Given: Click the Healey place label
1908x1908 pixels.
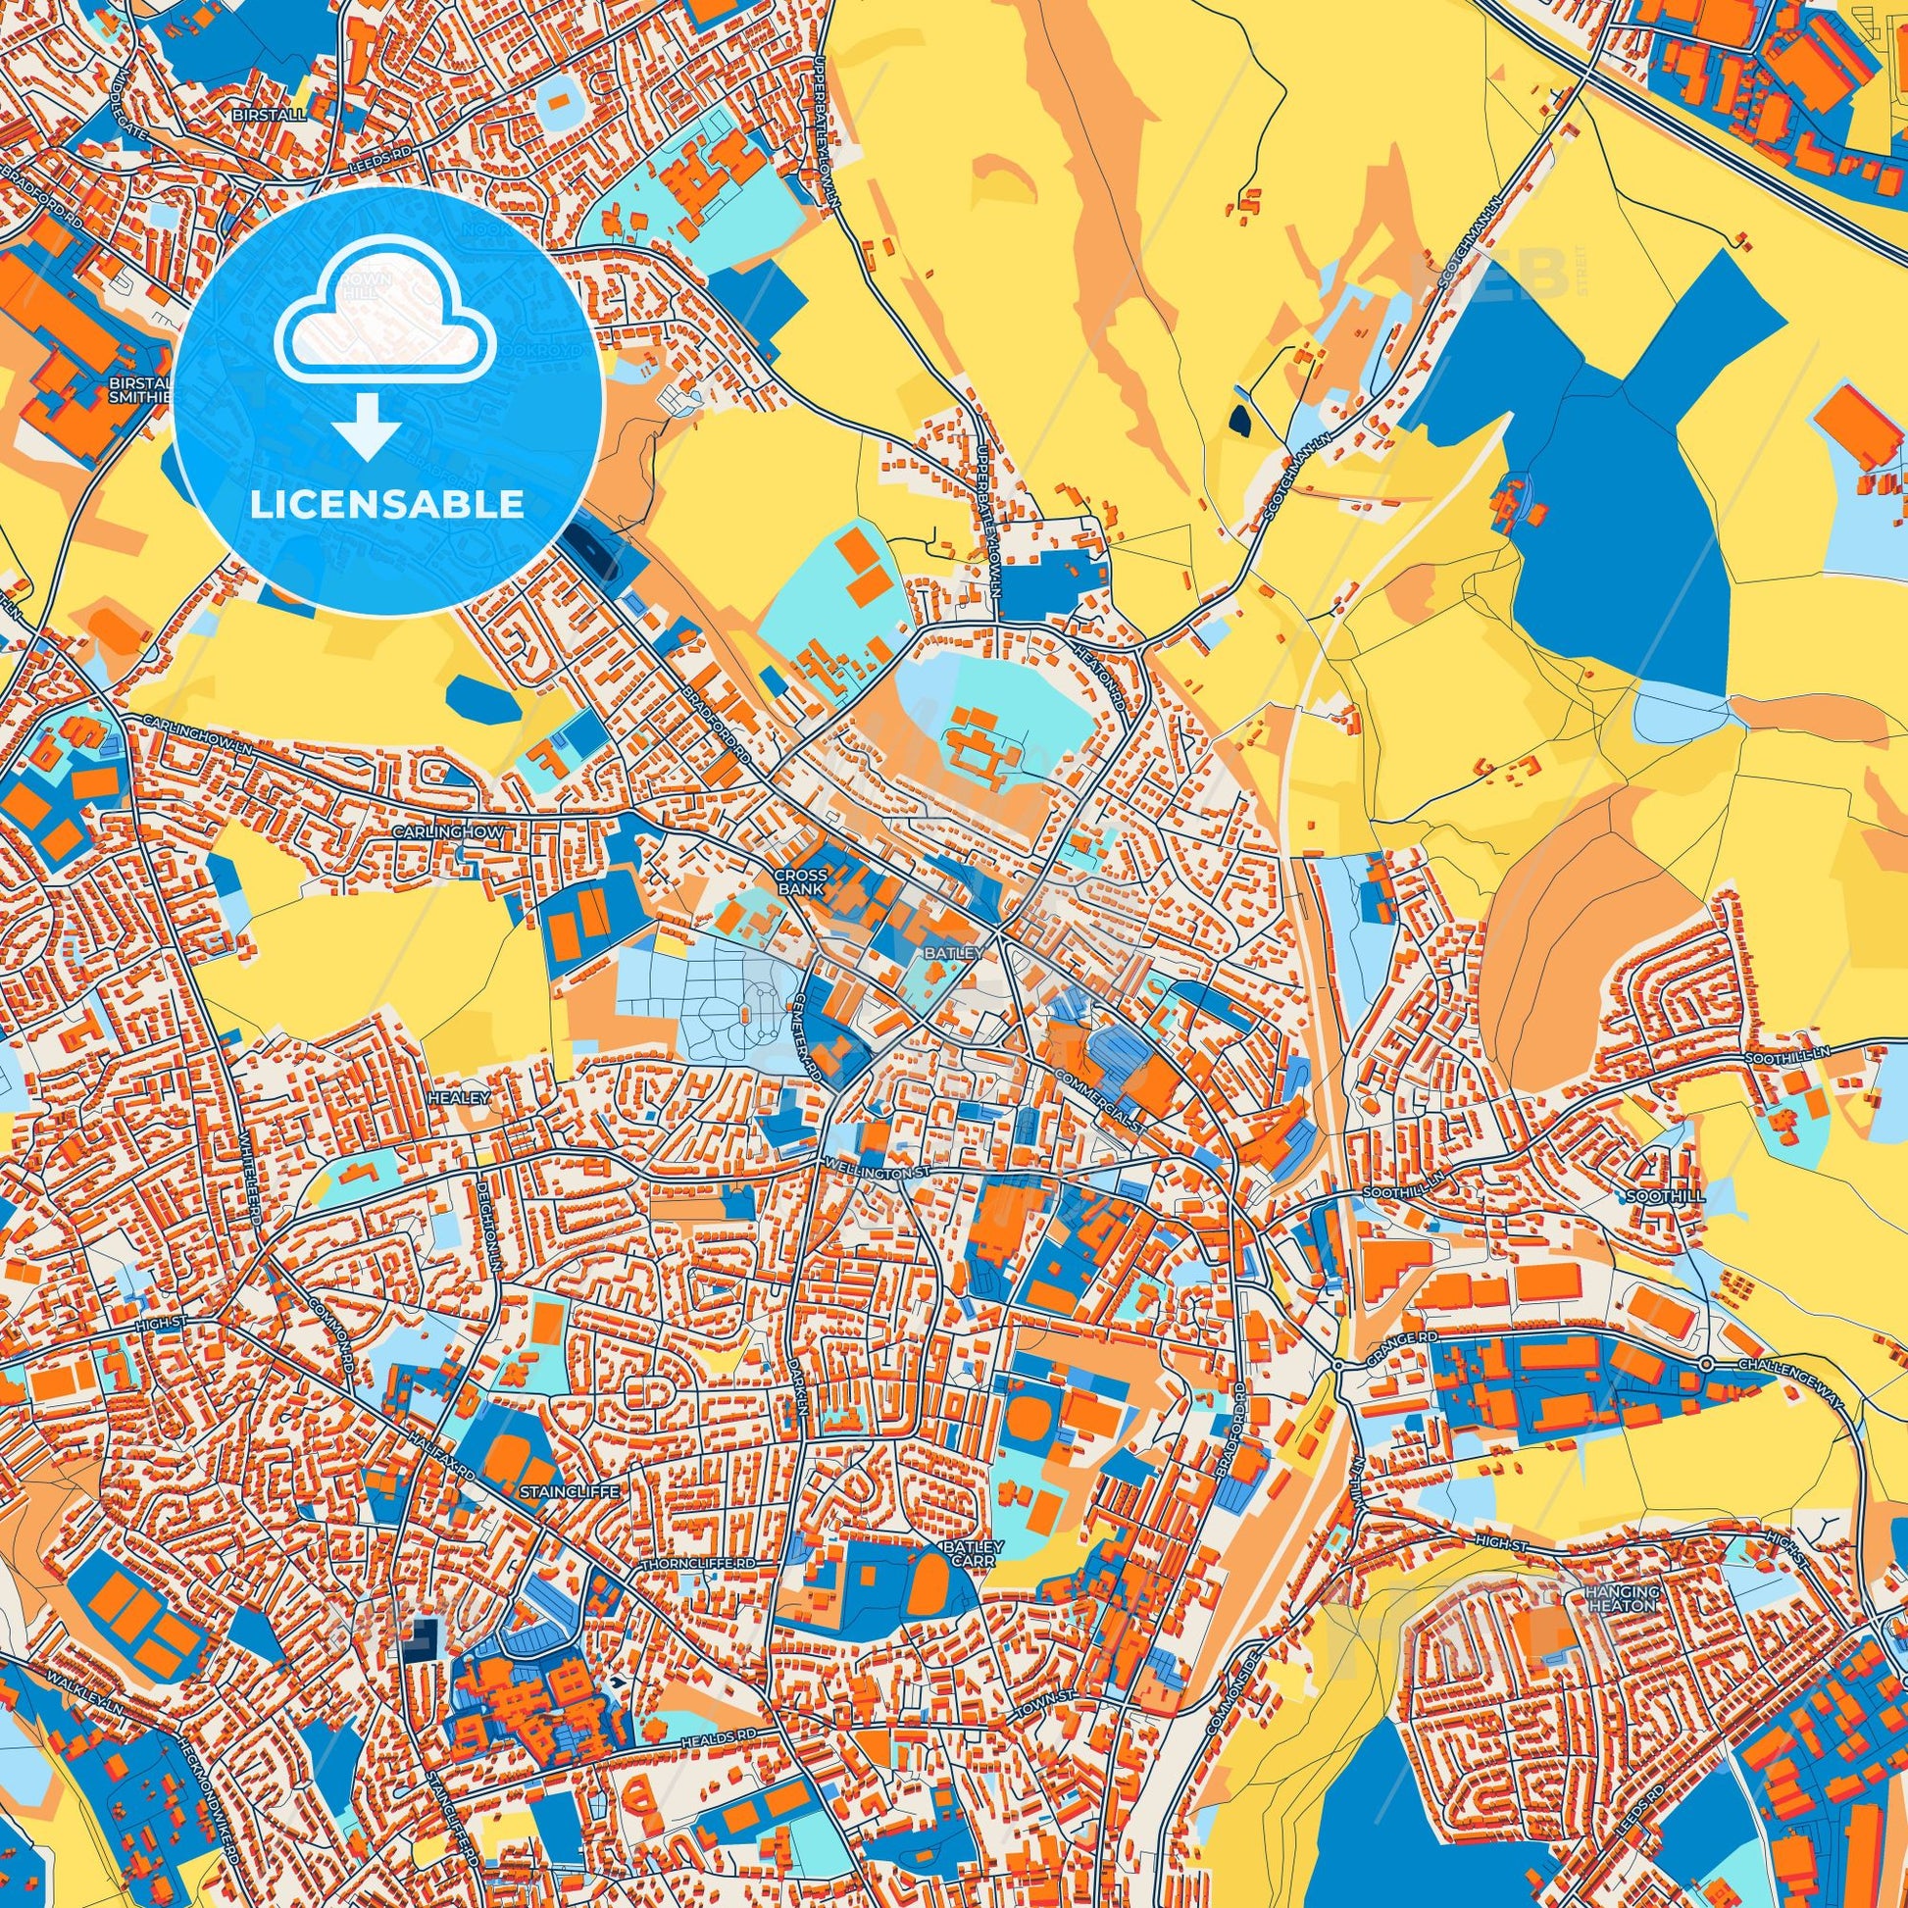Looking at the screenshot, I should pos(459,1097).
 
